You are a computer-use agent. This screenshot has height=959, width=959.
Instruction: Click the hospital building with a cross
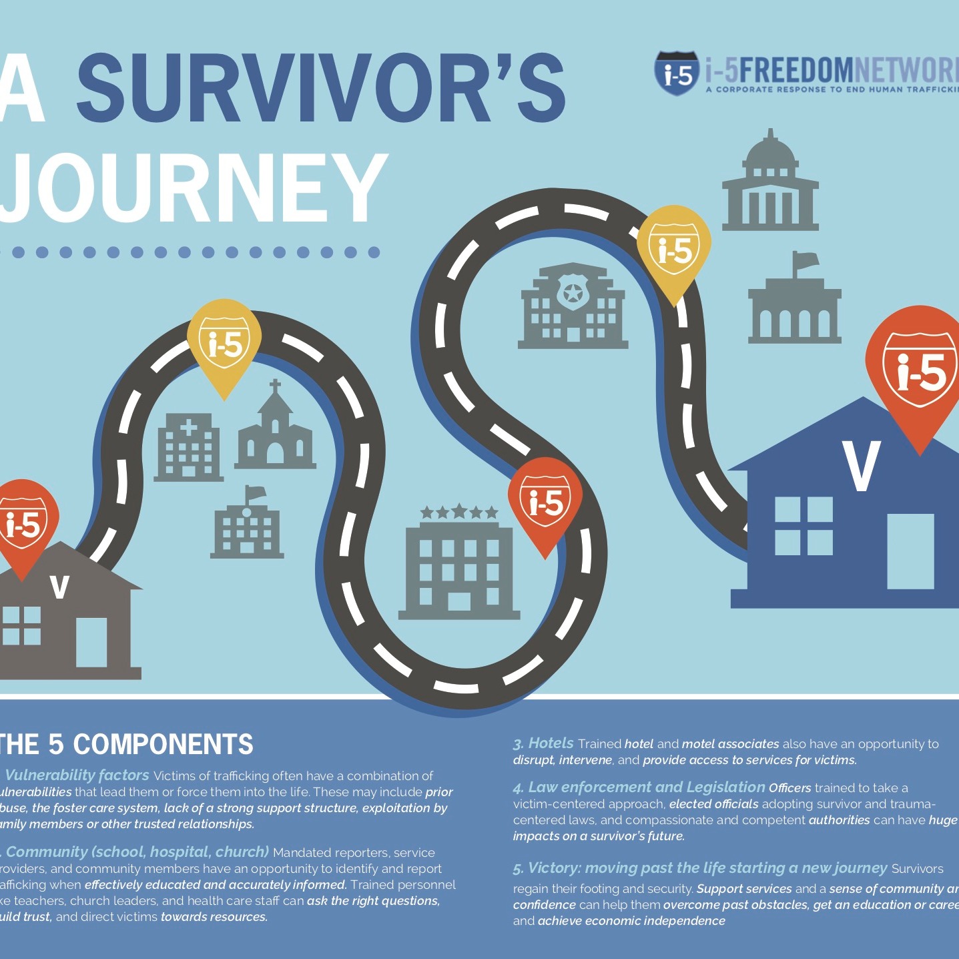[x=188, y=446]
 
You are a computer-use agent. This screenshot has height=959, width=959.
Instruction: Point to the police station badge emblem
[x=573, y=292]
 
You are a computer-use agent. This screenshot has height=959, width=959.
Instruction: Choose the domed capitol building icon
[x=770, y=184]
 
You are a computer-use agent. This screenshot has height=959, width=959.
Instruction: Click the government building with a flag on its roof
[x=794, y=304]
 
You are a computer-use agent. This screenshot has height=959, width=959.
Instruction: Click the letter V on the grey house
[x=60, y=587]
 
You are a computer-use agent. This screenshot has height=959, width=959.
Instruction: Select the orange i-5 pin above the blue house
[x=920, y=370]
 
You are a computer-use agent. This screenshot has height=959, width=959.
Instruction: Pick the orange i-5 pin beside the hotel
[x=545, y=501]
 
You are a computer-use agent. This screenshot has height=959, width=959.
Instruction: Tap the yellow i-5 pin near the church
[x=224, y=344]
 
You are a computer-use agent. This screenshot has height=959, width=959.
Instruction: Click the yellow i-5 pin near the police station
[x=674, y=250]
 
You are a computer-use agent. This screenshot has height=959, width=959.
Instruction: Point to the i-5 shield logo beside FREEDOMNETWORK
[x=677, y=73]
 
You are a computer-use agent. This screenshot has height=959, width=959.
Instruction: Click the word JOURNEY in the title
[x=194, y=188]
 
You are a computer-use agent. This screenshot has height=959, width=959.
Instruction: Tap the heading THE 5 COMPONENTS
[x=127, y=744]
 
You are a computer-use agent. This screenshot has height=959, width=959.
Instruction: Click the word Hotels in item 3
[x=551, y=743]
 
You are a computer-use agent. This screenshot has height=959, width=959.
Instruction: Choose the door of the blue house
[x=910, y=550]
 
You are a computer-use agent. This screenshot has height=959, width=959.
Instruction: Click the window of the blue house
[x=804, y=526]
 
